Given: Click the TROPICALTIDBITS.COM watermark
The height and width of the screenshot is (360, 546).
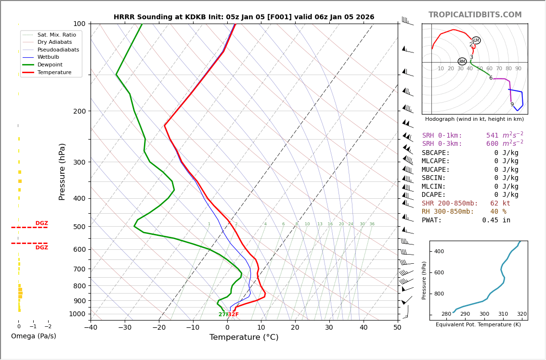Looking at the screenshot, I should (475, 15).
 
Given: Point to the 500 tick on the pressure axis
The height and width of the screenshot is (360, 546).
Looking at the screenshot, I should (79, 227).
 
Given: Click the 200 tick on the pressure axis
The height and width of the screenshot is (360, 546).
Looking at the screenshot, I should (79, 111).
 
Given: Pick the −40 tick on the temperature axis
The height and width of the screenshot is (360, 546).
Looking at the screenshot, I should (91, 328).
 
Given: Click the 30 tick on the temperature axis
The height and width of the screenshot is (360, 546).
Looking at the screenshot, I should (329, 328).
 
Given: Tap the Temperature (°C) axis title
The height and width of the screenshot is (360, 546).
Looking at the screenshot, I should (244, 337).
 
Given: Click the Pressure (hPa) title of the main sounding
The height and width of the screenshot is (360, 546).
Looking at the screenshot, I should (63, 171).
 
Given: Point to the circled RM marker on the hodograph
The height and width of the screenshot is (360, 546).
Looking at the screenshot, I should (462, 61).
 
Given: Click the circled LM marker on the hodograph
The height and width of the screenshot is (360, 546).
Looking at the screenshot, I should (476, 40).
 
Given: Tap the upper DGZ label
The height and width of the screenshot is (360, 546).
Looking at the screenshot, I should (42, 223).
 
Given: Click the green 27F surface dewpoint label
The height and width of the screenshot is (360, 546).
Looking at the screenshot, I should (223, 315).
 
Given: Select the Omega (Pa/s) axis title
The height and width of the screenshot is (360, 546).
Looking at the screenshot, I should (33, 336).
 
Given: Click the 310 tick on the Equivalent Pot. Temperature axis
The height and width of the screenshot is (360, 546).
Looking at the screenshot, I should (503, 314).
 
